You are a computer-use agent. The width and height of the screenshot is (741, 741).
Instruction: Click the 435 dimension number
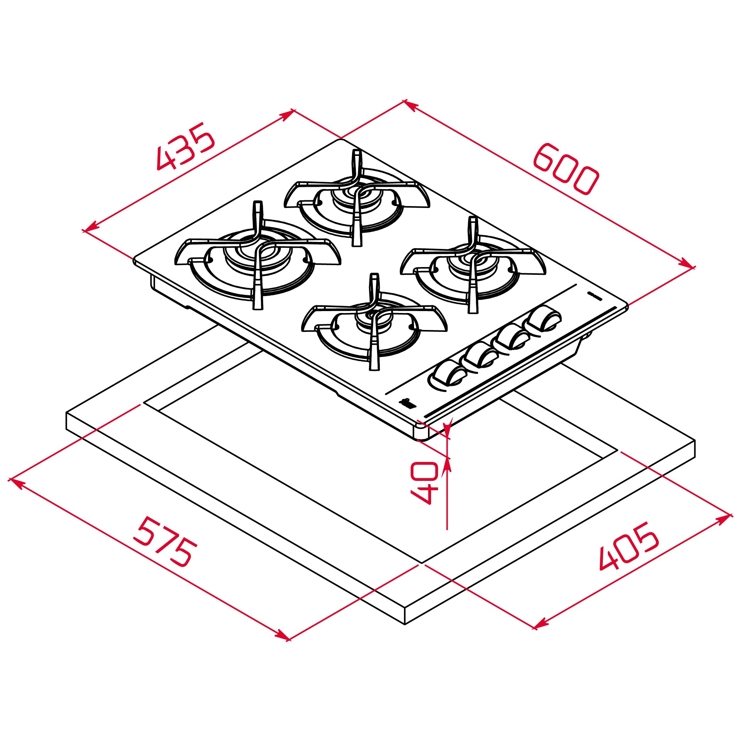point(185,147)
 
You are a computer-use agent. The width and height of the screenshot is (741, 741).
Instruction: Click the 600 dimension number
point(566,169)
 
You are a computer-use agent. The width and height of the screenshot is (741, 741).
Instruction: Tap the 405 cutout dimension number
point(629,546)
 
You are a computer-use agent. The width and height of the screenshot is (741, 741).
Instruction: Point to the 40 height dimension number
point(425,483)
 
